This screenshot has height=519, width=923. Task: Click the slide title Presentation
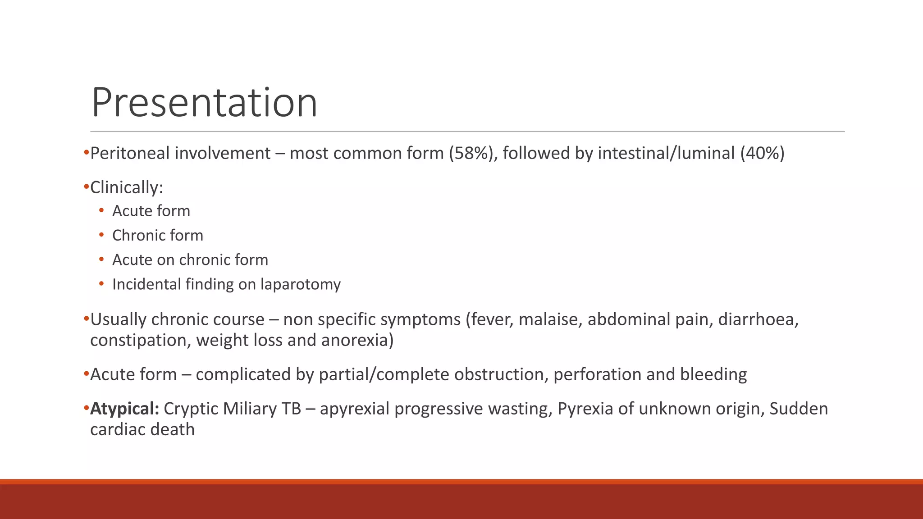point(204,103)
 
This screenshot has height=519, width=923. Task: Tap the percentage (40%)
point(762,153)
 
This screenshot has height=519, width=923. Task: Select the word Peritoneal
point(130,153)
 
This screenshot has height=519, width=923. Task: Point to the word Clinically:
point(127,187)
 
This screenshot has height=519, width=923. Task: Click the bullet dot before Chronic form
point(101,235)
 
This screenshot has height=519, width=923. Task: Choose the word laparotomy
point(301,284)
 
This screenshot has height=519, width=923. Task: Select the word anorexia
point(357,340)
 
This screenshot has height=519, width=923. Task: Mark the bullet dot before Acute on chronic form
point(101,259)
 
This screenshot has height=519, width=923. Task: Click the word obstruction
point(501,374)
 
